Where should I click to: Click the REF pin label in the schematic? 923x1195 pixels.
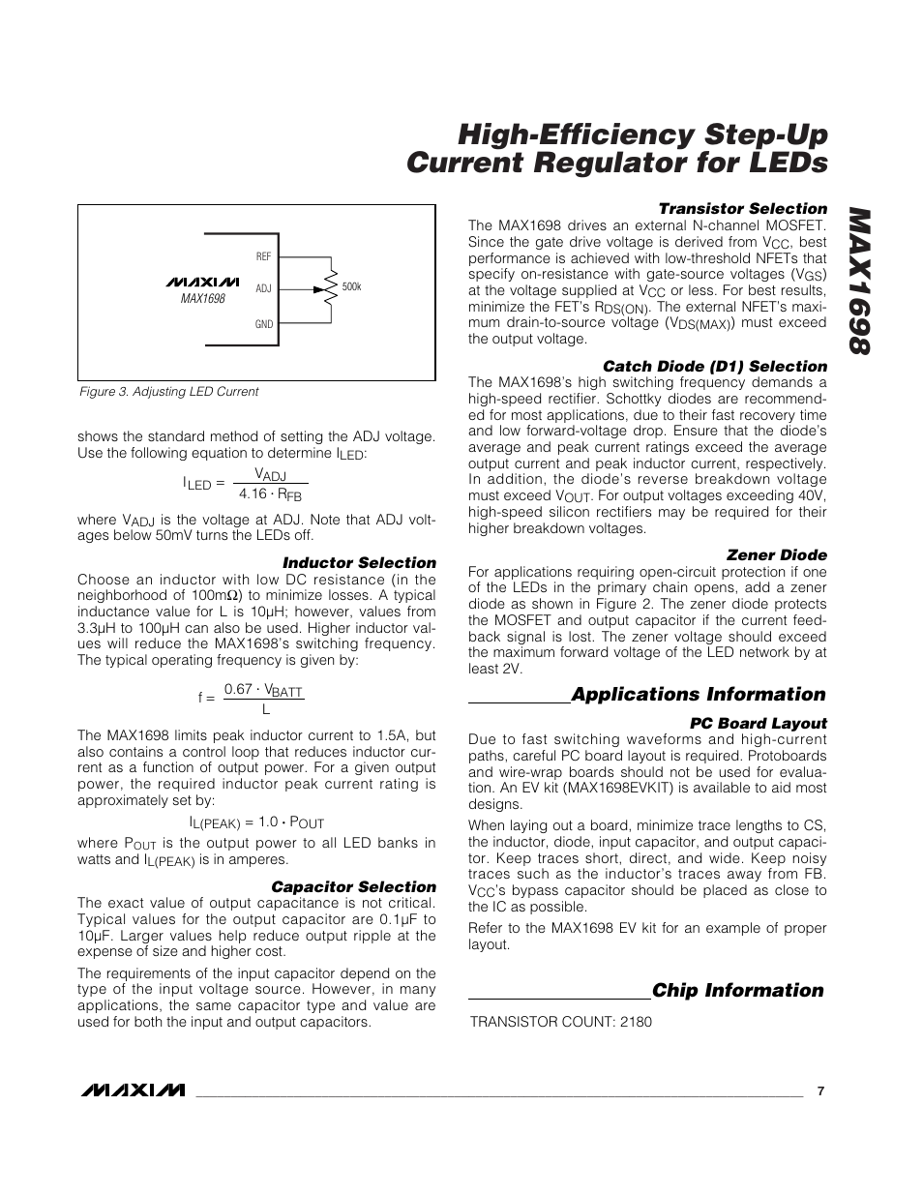pos(264,256)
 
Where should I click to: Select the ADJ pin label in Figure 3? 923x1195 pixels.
pos(264,288)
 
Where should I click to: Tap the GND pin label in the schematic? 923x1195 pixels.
pos(264,324)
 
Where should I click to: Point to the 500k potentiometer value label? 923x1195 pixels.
pos(351,287)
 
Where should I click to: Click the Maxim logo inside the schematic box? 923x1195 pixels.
pos(202,283)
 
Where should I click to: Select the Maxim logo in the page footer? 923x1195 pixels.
pos(133,1090)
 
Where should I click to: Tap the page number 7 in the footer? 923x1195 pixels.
pos(820,1090)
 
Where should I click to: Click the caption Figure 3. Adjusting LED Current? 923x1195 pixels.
pos(168,392)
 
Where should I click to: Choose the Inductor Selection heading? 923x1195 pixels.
pos(359,563)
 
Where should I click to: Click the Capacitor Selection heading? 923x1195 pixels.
pos(353,887)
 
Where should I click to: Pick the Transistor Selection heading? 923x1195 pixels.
pos(742,209)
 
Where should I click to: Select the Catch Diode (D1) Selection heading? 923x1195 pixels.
pos(715,367)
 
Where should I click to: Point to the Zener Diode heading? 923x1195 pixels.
pos(776,555)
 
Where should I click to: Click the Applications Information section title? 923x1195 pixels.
pos(698,695)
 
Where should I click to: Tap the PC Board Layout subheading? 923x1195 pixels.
pos(758,724)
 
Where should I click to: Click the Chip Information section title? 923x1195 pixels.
pos(737,991)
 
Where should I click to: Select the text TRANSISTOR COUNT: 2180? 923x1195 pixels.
pos(560,1022)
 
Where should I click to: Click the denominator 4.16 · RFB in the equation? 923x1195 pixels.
pos(270,493)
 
